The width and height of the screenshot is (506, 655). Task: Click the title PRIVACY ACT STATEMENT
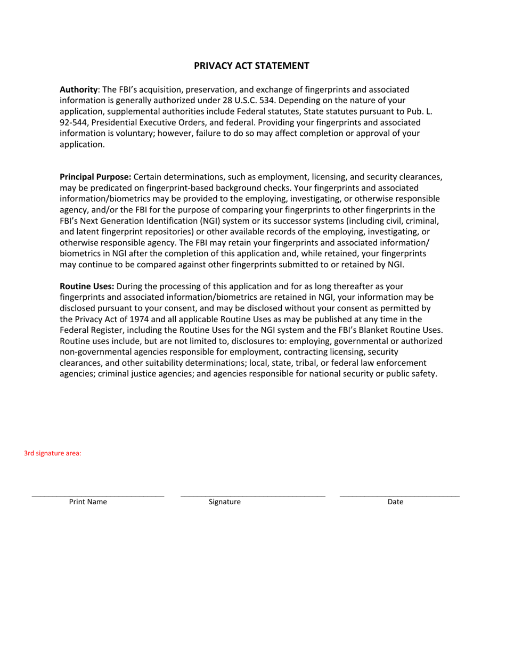[251, 66]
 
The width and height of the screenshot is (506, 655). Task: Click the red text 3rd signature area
[53, 454]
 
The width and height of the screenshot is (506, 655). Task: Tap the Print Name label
[88, 502]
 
